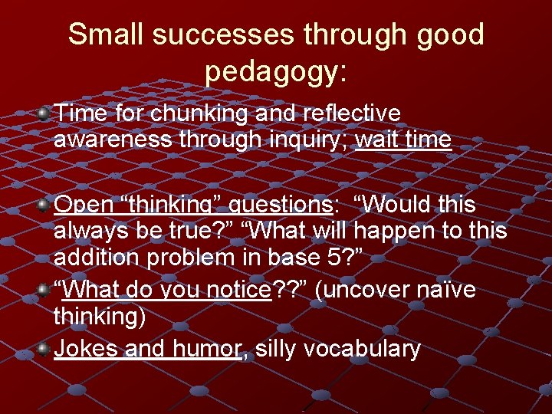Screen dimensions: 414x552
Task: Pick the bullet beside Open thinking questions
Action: click(44, 205)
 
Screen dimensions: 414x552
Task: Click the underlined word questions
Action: click(279, 205)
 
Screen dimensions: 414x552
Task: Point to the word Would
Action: click(402, 205)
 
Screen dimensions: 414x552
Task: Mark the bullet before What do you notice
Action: click(44, 290)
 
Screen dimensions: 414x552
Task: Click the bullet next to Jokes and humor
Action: click(44, 350)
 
